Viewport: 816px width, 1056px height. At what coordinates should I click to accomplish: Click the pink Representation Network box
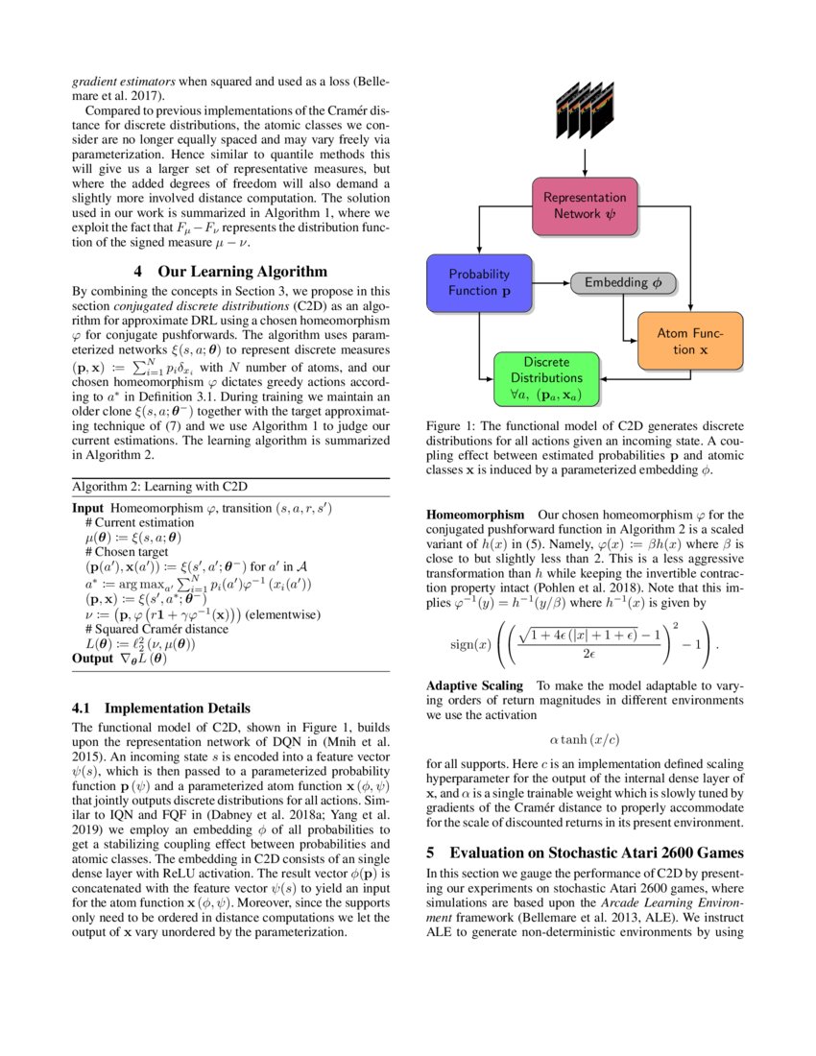tap(585, 205)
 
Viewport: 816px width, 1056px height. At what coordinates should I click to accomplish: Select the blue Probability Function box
tap(479, 282)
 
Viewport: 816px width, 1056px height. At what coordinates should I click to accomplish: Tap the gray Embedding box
tap(623, 283)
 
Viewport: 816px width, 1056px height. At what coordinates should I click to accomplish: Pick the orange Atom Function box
tap(690, 342)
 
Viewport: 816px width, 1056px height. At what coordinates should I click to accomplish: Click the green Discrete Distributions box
tap(547, 378)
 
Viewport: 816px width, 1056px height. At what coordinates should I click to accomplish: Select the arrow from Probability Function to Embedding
tap(551, 283)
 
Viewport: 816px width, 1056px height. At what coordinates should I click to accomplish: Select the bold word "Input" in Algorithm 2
tap(89, 506)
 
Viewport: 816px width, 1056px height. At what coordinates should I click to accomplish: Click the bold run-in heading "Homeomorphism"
tap(475, 515)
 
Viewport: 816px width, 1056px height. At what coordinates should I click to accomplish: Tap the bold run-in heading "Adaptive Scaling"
tap(475, 685)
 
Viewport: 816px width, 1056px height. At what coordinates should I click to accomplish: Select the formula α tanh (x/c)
tap(584, 739)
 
